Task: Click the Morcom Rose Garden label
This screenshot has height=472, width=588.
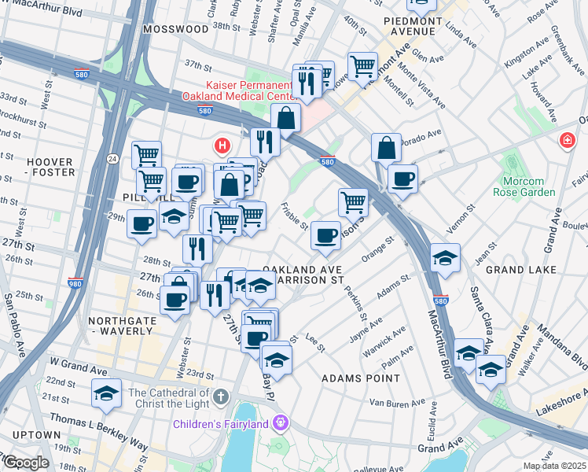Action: pyautogui.click(x=529, y=186)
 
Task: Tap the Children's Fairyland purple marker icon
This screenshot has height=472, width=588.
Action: pyautogui.click(x=280, y=425)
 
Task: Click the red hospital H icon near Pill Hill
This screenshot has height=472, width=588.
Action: pyautogui.click(x=222, y=146)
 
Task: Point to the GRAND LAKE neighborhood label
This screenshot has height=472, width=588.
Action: pyautogui.click(x=521, y=270)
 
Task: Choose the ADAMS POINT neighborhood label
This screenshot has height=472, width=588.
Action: pyautogui.click(x=361, y=378)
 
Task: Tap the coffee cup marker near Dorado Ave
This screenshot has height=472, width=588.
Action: pyautogui.click(x=402, y=179)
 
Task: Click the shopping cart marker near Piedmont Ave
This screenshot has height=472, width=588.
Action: pyautogui.click(x=362, y=66)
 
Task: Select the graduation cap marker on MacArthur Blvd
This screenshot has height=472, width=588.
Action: pyautogui.click(x=445, y=258)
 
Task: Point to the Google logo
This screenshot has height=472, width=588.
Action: pyautogui.click(x=25, y=463)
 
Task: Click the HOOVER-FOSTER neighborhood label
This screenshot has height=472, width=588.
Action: pyautogui.click(x=51, y=167)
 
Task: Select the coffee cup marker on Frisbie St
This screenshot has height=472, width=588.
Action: pyautogui.click(x=325, y=234)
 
